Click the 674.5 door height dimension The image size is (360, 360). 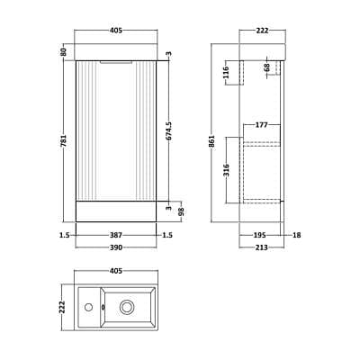(x=169, y=130)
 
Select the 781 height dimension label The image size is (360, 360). (x=63, y=140)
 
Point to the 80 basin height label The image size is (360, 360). (x=63, y=52)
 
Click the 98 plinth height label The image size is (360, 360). (x=181, y=211)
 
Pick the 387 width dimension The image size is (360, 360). (x=116, y=235)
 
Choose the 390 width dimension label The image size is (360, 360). (x=116, y=247)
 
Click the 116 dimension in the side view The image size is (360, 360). (x=226, y=72)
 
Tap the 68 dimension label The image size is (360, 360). (x=267, y=67)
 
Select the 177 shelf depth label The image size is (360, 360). (x=261, y=125)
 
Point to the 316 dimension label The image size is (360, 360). (x=226, y=170)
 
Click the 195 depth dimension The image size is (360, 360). (x=260, y=235)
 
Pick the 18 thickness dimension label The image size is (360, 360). (x=296, y=235)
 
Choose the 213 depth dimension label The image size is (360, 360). (x=261, y=247)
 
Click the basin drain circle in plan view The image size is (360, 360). (x=126, y=307)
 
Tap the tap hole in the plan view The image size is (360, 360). (x=88, y=307)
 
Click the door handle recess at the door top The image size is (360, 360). (x=116, y=62)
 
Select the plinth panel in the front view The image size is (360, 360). (x=116, y=211)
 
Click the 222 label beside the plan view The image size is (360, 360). (x=62, y=307)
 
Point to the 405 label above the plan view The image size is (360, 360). (x=116, y=271)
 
